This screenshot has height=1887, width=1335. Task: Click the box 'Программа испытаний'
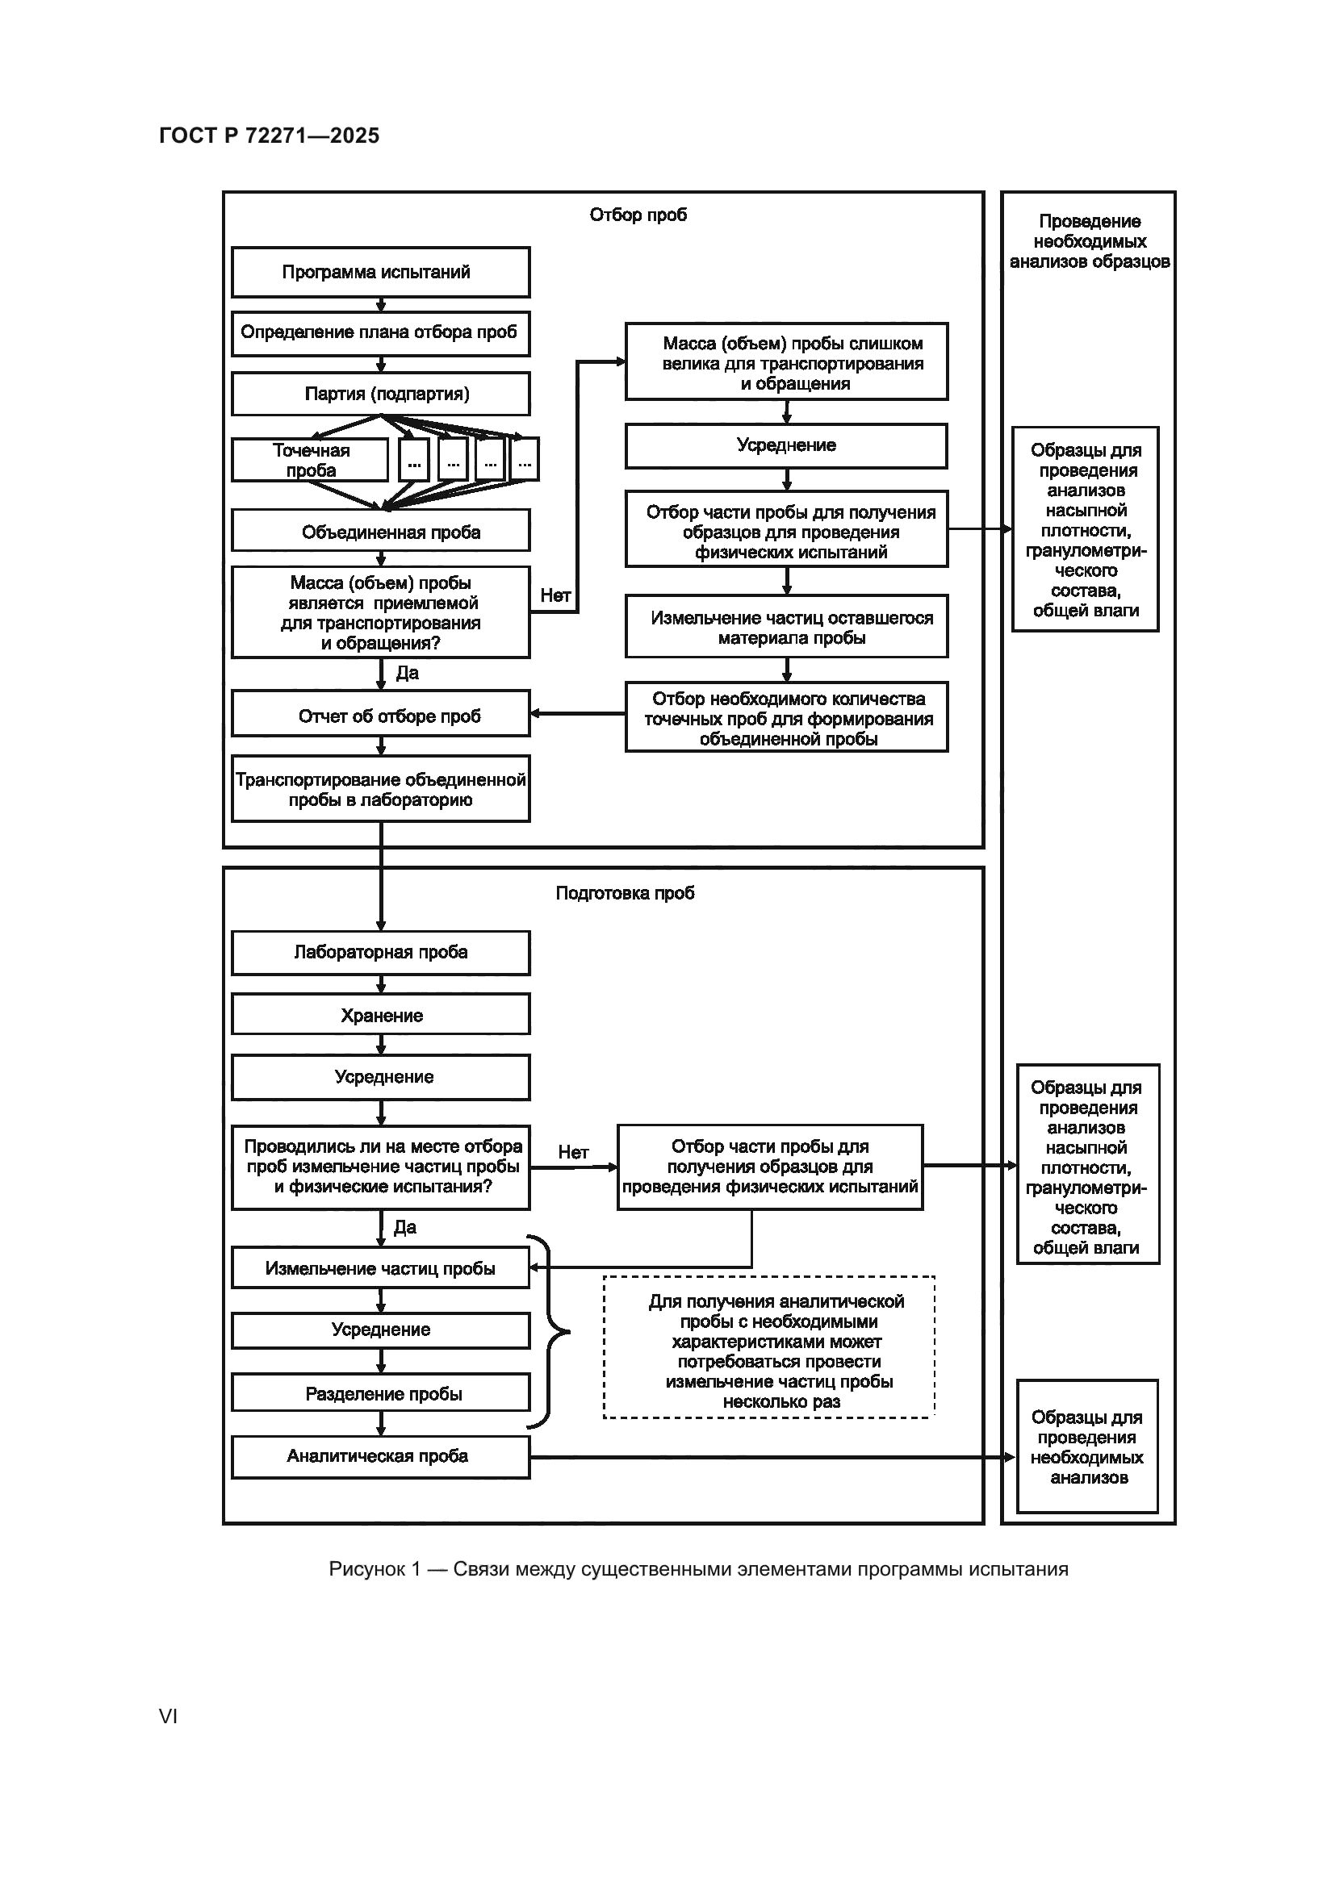coord(380,272)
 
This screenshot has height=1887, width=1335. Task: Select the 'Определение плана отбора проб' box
coord(380,333)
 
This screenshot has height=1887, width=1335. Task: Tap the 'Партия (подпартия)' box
coord(380,394)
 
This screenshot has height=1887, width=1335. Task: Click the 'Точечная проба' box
coord(310,460)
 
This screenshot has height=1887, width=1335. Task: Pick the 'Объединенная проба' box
coord(380,531)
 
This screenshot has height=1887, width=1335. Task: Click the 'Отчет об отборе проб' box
coord(380,714)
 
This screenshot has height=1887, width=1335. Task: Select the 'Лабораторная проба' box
coord(380,952)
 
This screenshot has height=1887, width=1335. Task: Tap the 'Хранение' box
coord(380,1014)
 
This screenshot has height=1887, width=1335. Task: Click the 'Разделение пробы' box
coord(380,1393)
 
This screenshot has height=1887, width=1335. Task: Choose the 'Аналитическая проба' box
coord(380,1456)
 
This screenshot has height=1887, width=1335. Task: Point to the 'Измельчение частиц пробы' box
coord(380,1268)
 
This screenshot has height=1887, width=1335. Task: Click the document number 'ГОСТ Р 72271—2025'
coord(269,136)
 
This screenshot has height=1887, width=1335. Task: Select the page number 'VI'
coord(168,1715)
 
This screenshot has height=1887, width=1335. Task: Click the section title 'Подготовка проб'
coord(625,892)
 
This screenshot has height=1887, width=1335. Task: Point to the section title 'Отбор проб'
coord(638,215)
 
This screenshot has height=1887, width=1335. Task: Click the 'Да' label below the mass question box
coord(407,673)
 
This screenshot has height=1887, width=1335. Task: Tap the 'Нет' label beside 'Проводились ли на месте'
coord(573,1152)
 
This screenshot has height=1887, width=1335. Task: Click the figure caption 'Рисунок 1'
coord(698,1569)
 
